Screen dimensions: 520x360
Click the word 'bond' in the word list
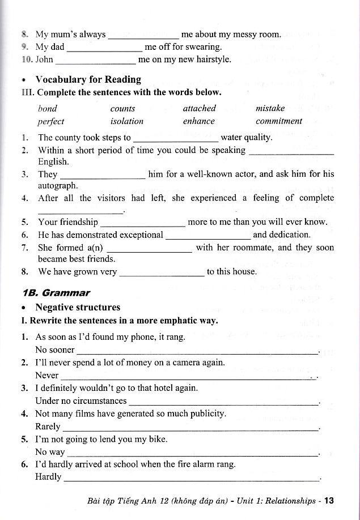(48, 108)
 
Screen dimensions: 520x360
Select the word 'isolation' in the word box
(127, 121)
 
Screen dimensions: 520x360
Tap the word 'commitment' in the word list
(279, 121)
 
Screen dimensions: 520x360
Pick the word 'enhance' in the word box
(199, 121)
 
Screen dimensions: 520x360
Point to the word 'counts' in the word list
(123, 108)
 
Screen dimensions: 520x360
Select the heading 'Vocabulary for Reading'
(88, 79)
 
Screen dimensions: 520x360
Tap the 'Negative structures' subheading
(78, 308)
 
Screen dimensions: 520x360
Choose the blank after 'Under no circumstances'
(224, 403)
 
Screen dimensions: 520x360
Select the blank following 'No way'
(192, 454)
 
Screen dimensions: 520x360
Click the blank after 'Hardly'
(191, 479)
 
